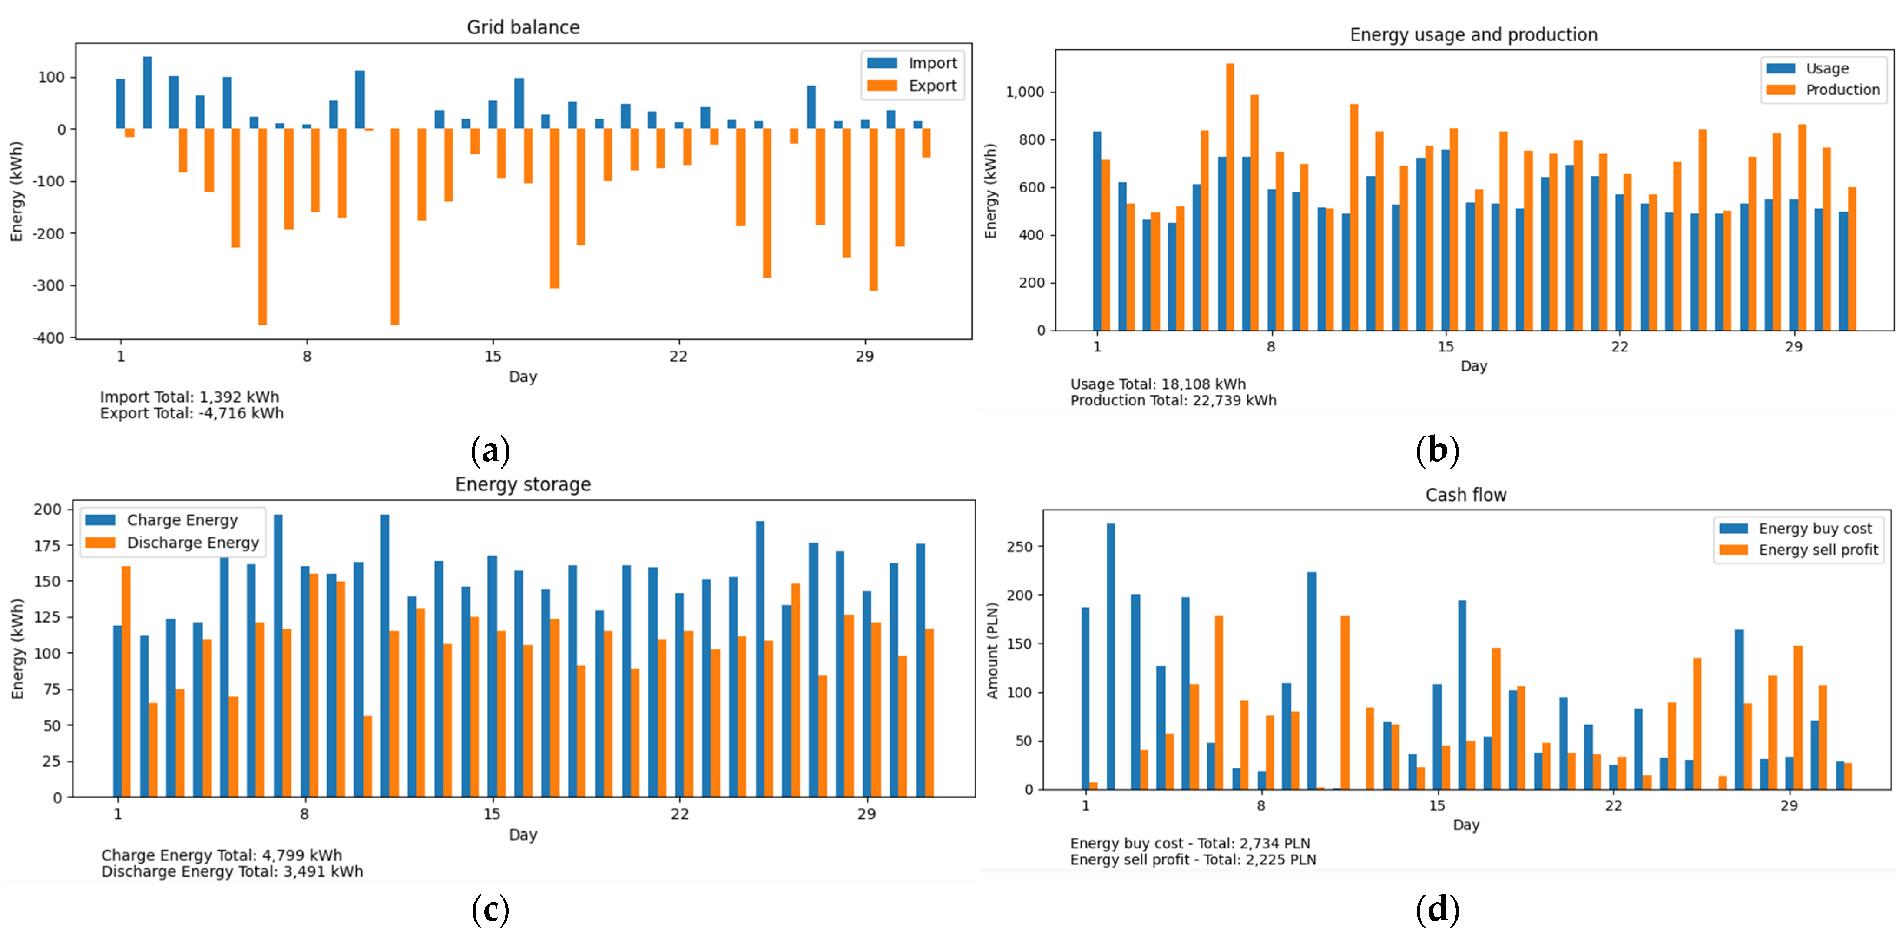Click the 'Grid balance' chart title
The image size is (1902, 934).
(523, 27)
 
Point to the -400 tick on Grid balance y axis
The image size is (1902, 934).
(48, 338)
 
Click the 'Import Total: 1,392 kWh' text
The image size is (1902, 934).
(190, 397)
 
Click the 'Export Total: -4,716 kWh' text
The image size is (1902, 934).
(192, 414)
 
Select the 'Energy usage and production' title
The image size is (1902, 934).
(1473, 35)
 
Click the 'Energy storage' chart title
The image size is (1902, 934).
(523, 484)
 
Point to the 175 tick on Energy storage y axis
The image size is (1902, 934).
(47, 546)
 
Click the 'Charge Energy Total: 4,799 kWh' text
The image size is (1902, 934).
(222, 855)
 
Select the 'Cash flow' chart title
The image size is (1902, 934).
(1465, 495)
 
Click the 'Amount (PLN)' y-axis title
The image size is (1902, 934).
(992, 650)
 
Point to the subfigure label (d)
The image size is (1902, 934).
(1437, 909)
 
